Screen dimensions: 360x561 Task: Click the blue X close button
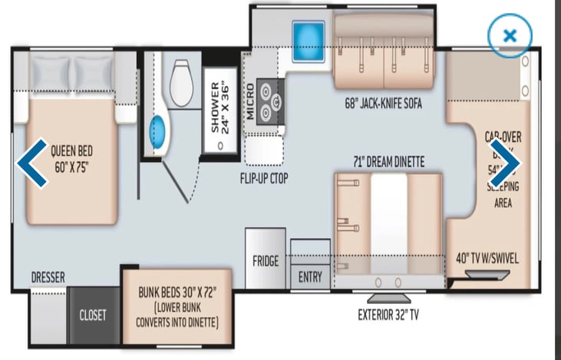(509, 35)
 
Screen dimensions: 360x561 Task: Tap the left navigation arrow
(31, 162)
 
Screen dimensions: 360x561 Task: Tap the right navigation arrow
(506, 162)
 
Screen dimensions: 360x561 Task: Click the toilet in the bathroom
(182, 78)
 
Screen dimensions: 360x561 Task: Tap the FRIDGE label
(266, 261)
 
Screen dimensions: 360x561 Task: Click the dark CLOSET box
(93, 315)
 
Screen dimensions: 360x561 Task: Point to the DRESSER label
(48, 277)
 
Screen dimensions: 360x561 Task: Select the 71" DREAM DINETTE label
(388, 160)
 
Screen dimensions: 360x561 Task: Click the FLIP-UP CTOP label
(262, 174)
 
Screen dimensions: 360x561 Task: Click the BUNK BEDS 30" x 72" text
(178, 292)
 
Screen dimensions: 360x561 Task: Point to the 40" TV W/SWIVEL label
(487, 259)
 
